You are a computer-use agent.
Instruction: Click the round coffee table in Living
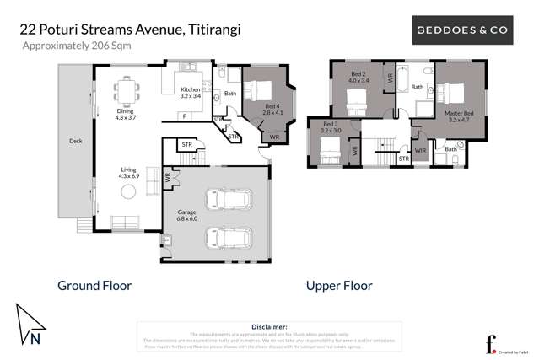click(127, 192)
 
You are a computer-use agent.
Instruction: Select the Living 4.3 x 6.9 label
click(127, 174)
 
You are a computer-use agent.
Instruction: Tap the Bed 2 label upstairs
click(359, 78)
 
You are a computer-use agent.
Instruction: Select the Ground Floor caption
click(94, 286)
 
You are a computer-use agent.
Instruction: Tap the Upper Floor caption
click(338, 286)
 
